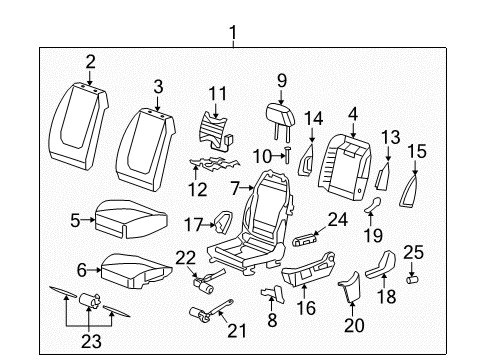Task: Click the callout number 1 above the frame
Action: click(x=233, y=33)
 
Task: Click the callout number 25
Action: click(x=413, y=252)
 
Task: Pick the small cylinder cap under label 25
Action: click(x=412, y=279)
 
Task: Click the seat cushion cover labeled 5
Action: click(x=131, y=219)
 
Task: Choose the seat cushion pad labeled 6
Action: click(x=137, y=271)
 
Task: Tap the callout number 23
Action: click(x=91, y=341)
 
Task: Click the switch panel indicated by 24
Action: click(x=305, y=240)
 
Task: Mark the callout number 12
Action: click(x=198, y=190)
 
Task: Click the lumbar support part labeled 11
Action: click(x=215, y=130)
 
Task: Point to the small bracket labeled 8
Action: click(x=273, y=294)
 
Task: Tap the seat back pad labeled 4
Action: click(x=345, y=167)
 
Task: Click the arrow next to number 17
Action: click(x=209, y=225)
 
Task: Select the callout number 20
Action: click(x=354, y=325)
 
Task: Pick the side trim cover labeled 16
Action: click(x=308, y=269)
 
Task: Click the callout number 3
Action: click(x=158, y=87)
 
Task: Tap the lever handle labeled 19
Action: click(x=372, y=205)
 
